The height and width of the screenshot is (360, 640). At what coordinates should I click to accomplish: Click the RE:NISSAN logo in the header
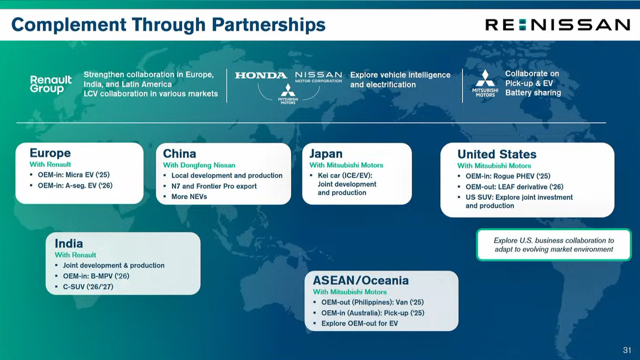point(557,24)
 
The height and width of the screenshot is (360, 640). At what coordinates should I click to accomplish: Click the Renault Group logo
point(50,84)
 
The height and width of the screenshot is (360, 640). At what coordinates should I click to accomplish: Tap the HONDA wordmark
point(261,75)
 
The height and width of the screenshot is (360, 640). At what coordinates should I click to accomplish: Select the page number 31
point(627,350)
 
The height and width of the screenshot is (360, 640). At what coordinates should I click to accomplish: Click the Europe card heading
point(50,153)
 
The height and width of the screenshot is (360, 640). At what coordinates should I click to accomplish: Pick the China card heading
point(179,153)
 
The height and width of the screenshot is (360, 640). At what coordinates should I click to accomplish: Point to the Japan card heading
point(325,153)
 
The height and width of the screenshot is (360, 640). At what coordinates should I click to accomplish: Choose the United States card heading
point(497,154)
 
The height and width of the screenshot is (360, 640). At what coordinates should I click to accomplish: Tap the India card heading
point(69,243)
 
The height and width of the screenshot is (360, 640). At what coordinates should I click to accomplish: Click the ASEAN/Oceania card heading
point(361,280)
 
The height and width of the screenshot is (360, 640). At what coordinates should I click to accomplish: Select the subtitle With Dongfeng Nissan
point(199,165)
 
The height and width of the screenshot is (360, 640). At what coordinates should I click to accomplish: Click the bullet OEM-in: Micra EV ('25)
point(73,174)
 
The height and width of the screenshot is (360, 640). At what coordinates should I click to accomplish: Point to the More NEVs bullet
point(189,196)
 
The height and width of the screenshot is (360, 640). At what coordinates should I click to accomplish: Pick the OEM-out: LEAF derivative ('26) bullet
point(514,187)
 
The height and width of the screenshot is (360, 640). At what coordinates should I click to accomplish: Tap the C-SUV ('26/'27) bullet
point(88,286)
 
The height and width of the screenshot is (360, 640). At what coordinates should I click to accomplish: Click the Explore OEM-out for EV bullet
point(359,323)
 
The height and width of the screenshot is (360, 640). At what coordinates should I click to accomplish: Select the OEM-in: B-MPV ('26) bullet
point(96,276)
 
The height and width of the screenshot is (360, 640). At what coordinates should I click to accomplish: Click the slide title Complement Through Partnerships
point(168,24)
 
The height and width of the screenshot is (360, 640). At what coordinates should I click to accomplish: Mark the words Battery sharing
point(533,93)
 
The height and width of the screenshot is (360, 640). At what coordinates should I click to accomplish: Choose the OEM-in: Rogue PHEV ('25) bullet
point(508,176)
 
